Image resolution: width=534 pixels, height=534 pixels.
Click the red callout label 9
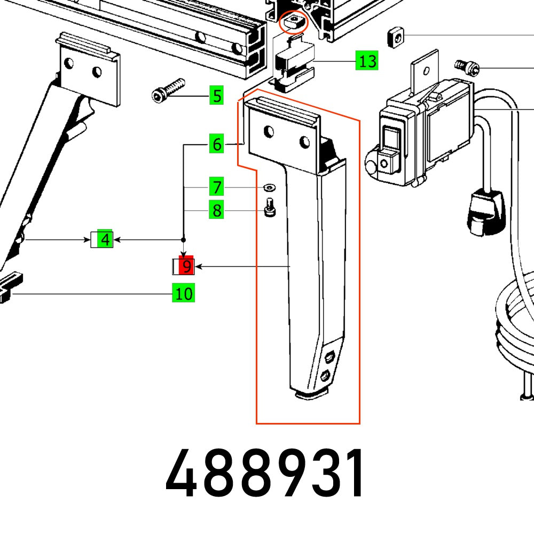pos(185,266)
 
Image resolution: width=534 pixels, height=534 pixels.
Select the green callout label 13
pos(367,61)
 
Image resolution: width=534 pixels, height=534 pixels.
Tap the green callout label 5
pos(216,96)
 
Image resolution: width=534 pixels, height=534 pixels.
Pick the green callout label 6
pos(216,144)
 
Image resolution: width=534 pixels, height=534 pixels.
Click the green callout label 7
pos(216,188)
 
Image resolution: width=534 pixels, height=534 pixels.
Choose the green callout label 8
pos(216,211)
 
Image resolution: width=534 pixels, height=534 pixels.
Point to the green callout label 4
pos(105,240)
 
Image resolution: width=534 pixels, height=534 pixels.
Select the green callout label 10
pos(183,293)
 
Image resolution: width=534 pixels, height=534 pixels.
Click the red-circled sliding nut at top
pos(294,23)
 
